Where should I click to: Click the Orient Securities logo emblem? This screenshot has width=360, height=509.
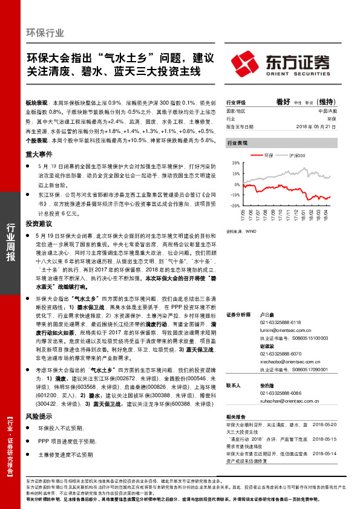tap(243, 62)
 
